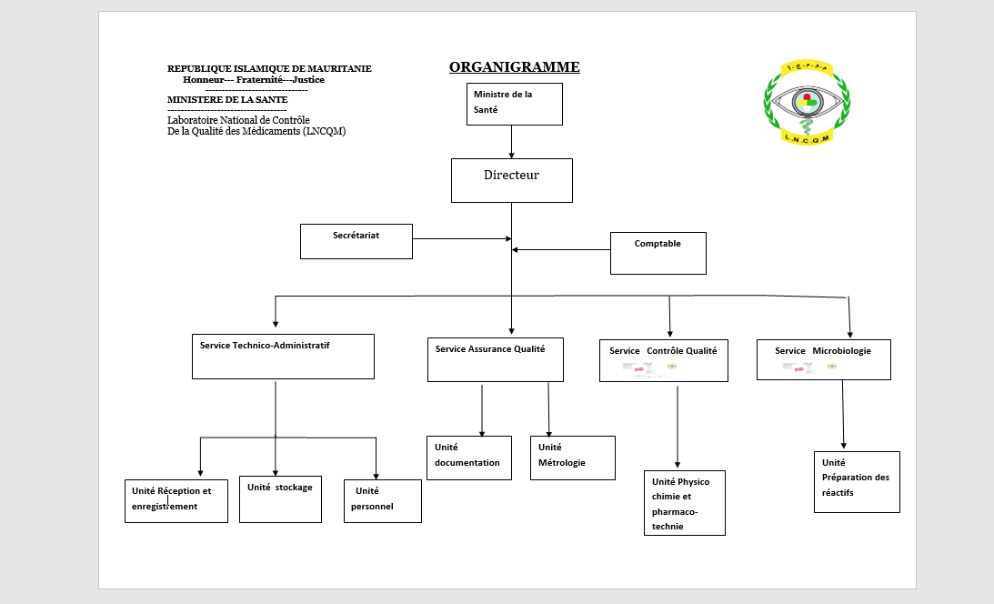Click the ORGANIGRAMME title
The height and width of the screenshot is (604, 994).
(x=514, y=67)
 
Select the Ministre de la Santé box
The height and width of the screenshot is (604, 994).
(x=516, y=104)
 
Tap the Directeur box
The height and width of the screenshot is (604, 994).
(x=511, y=180)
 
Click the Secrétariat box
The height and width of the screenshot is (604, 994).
(x=356, y=241)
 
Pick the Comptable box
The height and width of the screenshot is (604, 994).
(x=658, y=253)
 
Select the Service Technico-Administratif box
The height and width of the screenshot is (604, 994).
(x=283, y=357)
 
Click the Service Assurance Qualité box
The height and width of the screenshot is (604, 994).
(x=495, y=359)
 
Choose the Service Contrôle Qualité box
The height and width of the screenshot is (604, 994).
(x=663, y=360)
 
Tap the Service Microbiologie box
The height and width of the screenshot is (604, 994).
(x=823, y=359)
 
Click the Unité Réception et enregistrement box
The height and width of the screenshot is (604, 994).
(x=176, y=500)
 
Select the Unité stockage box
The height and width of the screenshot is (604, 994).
(x=280, y=499)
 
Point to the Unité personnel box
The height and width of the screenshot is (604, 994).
(x=382, y=500)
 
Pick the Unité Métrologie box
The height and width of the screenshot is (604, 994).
(x=572, y=458)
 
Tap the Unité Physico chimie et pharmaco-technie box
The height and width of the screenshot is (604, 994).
(x=684, y=503)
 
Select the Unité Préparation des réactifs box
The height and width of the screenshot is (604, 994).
(x=856, y=482)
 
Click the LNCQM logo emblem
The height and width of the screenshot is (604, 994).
(x=807, y=102)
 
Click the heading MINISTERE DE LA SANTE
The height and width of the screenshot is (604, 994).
(x=226, y=99)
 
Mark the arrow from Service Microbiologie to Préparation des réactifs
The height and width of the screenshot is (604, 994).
(x=843, y=415)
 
